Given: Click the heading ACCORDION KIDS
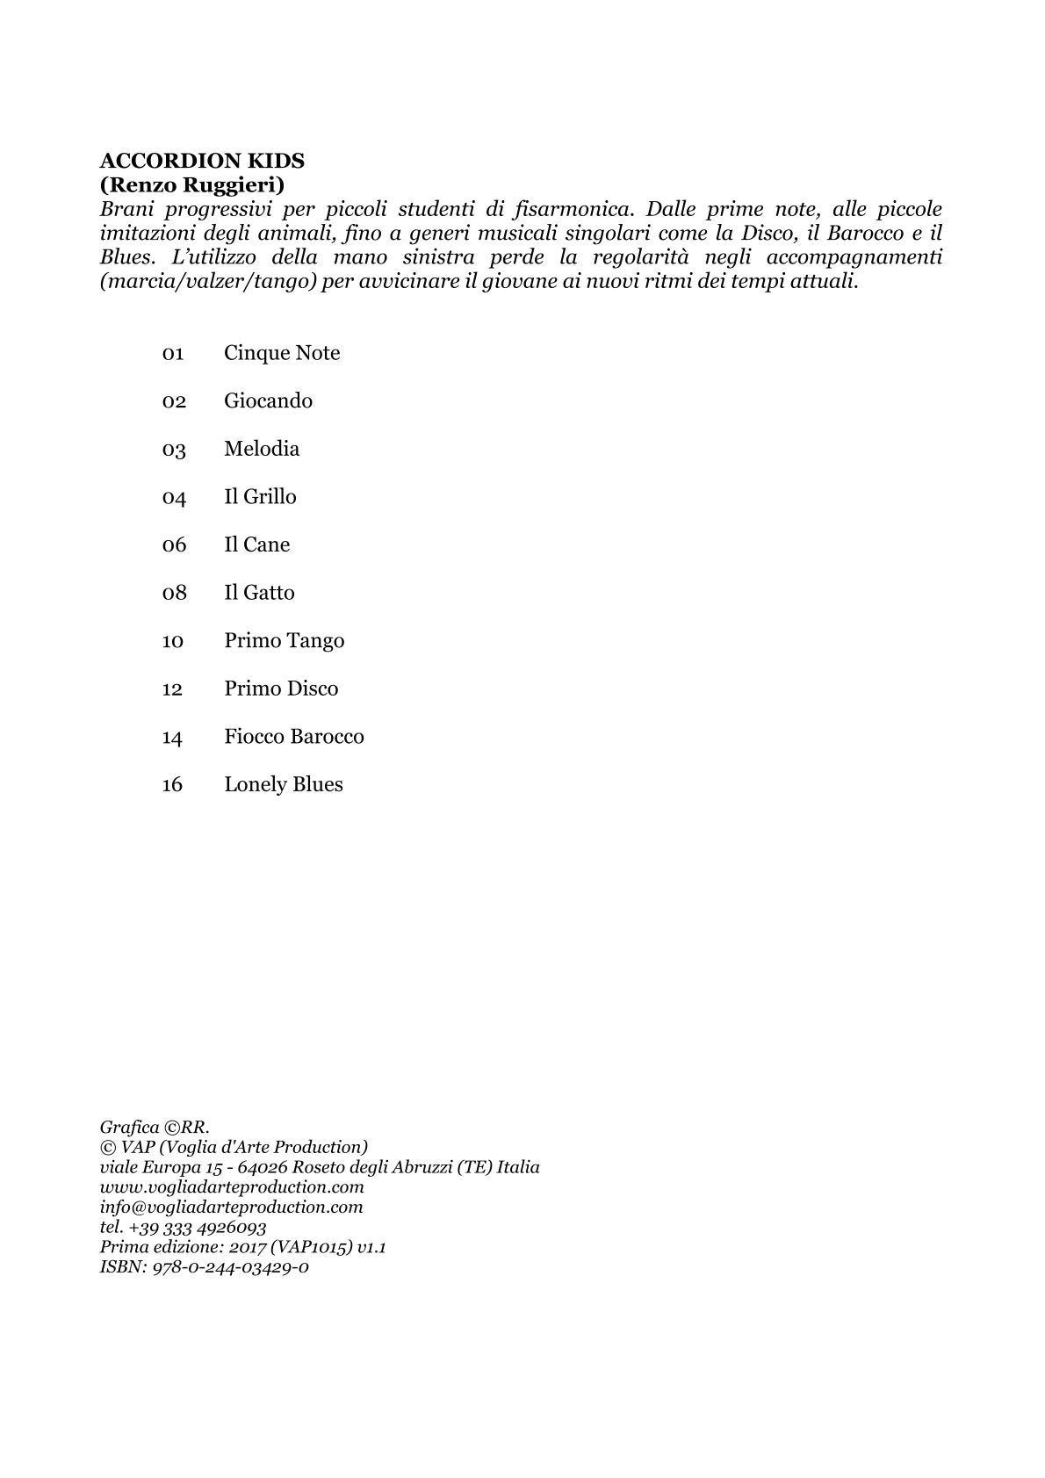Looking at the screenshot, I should [x=202, y=161].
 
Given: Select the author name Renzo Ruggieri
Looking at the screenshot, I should [x=192, y=185].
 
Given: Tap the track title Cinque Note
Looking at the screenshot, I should [x=282, y=353].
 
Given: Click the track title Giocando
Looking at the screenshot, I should [x=268, y=400].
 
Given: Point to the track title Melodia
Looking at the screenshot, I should [x=262, y=449].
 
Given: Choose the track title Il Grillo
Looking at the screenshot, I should [x=260, y=497].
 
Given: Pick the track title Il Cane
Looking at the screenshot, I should [x=256, y=544].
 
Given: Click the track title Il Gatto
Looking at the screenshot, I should [x=259, y=593].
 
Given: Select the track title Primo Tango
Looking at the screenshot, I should [x=284, y=641].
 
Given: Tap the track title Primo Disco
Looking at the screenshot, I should [x=281, y=689].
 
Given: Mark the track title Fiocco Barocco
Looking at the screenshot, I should [x=293, y=737].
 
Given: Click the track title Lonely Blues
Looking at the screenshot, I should [x=283, y=784].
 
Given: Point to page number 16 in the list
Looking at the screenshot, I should [x=172, y=785].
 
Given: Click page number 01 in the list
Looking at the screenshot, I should [x=172, y=354].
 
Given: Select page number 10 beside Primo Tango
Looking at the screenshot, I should [x=172, y=641].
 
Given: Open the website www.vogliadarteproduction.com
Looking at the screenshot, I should [x=232, y=1187].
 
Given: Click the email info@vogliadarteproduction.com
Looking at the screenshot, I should [x=231, y=1208].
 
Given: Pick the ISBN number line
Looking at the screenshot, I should [x=204, y=1267].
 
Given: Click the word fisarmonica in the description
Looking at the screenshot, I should [x=571, y=210].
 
